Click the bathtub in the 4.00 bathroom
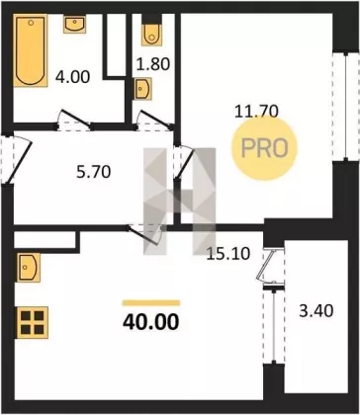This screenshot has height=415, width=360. tap(31, 50)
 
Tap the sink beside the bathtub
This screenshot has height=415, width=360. tap(74, 24)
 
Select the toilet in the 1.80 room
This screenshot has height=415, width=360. tap(151, 34)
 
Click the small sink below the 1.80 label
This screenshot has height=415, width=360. tap(142, 89)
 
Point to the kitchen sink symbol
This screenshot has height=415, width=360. tap(29, 268)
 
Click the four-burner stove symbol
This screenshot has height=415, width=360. tap(33, 322)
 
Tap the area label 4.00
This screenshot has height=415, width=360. tap(72, 78)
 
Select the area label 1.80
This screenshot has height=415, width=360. tap(153, 64)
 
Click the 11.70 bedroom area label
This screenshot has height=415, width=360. tap(256, 112)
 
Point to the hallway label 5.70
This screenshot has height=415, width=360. tap(94, 172)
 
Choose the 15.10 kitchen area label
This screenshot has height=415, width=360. tap(228, 254)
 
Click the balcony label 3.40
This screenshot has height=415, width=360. tap(316, 311)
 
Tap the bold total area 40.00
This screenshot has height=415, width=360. tap(151, 322)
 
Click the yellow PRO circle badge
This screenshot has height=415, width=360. tap(264, 148)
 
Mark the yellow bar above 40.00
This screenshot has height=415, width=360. tap(151, 302)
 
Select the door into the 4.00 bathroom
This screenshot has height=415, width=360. tap(74, 120)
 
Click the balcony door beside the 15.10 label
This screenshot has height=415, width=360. tap(271, 266)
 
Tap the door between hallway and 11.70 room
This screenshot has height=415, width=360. tap(183, 163)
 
